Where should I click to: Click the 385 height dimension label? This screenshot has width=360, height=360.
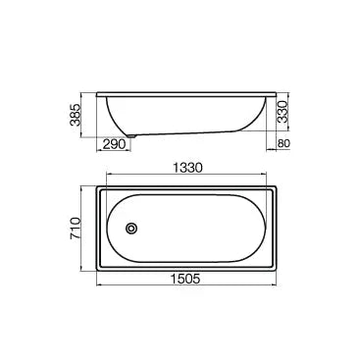pyautogui.click(x=75, y=115)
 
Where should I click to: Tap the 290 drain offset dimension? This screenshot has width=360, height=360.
pyautogui.click(x=115, y=144)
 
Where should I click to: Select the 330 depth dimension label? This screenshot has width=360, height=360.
pyautogui.click(x=282, y=111)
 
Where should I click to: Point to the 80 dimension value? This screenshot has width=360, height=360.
pyautogui.click(x=283, y=143)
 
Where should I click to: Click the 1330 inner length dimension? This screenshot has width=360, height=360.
pyautogui.click(x=187, y=168)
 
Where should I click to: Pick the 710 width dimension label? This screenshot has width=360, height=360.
pyautogui.click(x=75, y=229)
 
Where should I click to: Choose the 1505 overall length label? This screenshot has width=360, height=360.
pyautogui.click(x=185, y=279)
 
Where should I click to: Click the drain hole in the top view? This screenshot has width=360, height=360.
pyautogui.click(x=131, y=228)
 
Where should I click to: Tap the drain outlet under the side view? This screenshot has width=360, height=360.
pyautogui.click(x=131, y=135)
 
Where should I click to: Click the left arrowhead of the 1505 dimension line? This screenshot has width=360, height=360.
pyautogui.click(x=99, y=285)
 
